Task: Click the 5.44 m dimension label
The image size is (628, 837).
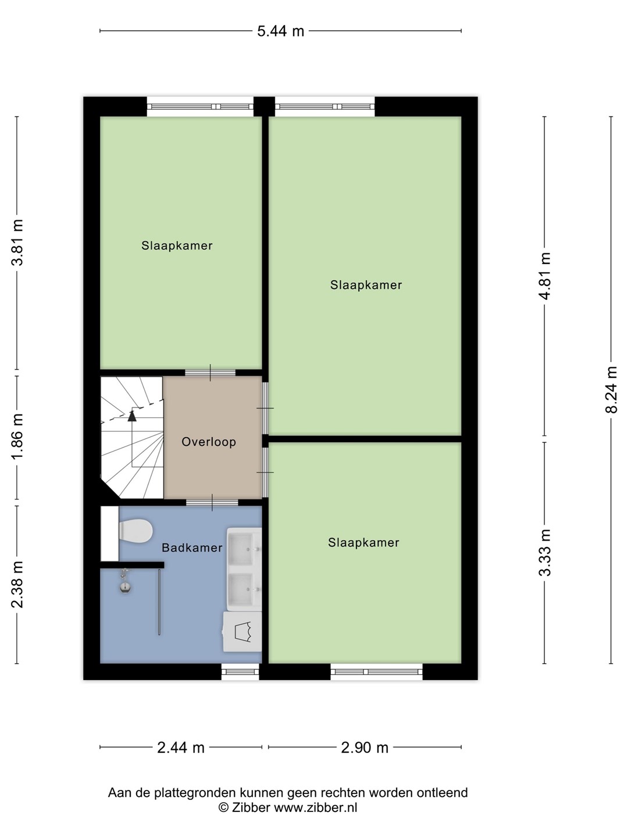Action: [280, 31]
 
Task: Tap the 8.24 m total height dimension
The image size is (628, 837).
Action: [611, 389]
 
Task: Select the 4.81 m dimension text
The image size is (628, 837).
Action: [545, 276]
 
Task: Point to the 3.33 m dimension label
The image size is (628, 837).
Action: [545, 552]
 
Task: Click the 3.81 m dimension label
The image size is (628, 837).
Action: [17, 242]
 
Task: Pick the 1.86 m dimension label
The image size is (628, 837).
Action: [17, 437]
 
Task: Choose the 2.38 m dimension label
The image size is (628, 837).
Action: [17, 584]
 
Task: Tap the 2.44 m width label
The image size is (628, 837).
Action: [181, 747]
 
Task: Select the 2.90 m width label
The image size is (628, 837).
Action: [365, 747]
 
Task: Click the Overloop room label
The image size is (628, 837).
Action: [209, 442]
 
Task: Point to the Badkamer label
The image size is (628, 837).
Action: [192, 548]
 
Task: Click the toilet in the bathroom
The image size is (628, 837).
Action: [135, 531]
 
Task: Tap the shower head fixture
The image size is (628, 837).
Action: [125, 581]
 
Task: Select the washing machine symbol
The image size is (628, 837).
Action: [242, 631]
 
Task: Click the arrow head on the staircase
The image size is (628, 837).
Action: [132, 416]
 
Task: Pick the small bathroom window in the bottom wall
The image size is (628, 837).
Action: [240, 671]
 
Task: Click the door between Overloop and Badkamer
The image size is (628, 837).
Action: [212, 502]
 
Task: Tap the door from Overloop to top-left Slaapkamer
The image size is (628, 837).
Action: [210, 373]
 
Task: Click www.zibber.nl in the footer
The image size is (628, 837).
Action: [316, 807]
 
